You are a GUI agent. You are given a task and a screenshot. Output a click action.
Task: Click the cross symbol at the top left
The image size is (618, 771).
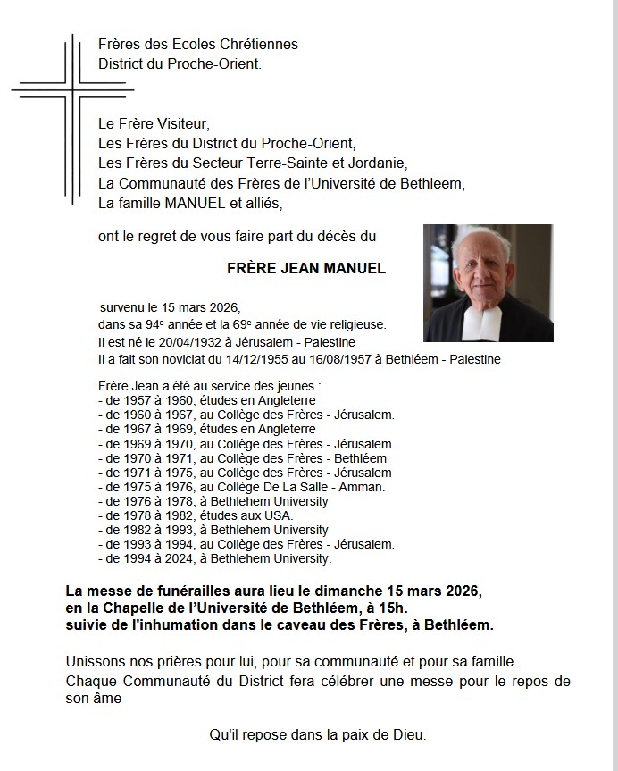coord(71,90)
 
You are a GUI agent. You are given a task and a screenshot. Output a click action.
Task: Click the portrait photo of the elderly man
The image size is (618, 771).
coord(488,282)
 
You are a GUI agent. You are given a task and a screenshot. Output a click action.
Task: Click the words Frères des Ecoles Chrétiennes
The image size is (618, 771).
coord(198,44)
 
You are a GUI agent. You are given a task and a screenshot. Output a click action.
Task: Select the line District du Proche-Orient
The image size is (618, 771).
coord(181,63)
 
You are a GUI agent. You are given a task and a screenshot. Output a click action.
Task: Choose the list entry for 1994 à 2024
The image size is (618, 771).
coord(214,558)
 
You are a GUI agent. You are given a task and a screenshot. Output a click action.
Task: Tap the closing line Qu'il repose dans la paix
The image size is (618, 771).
coord(317,735)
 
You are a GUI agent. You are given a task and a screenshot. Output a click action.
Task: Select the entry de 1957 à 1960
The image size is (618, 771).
coord(195,400)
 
